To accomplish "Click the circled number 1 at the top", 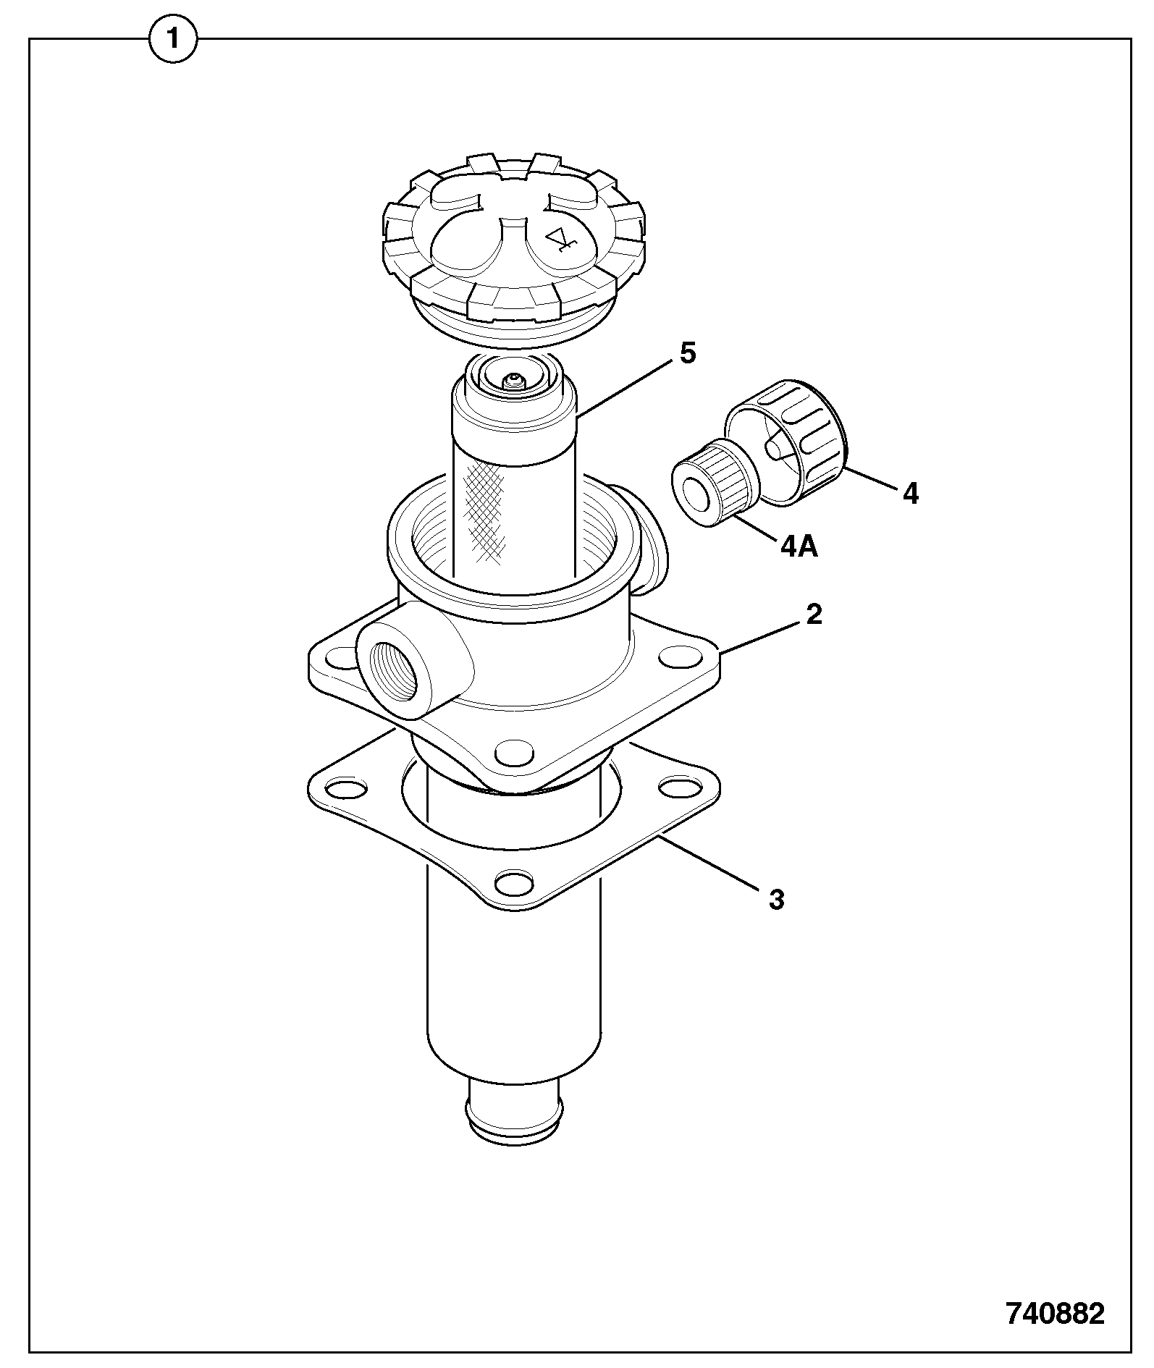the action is [173, 39].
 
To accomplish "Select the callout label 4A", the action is [799, 547].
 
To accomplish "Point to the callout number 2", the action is [814, 615].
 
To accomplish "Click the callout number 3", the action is [777, 900].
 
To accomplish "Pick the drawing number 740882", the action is [1056, 1314].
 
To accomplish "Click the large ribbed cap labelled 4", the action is [786, 441].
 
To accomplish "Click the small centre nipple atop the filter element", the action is [513, 381].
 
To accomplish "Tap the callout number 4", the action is [911, 494].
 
